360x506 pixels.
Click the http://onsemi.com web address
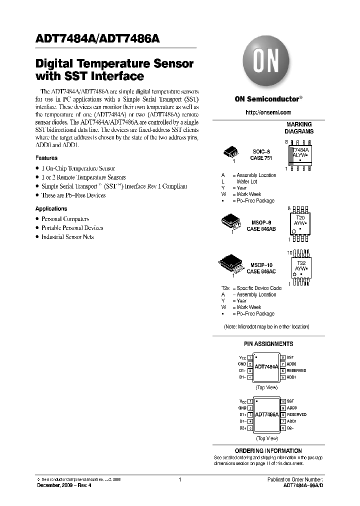click(268, 112)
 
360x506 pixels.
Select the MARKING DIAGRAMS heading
click(299, 128)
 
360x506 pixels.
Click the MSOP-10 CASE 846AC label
click(261, 268)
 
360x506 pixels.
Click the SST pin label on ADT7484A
click(290, 358)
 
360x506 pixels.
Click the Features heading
click(46, 158)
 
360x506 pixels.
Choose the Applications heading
click(51, 208)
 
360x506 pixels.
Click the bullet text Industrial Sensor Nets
click(67, 237)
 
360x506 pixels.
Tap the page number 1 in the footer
click(179, 479)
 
